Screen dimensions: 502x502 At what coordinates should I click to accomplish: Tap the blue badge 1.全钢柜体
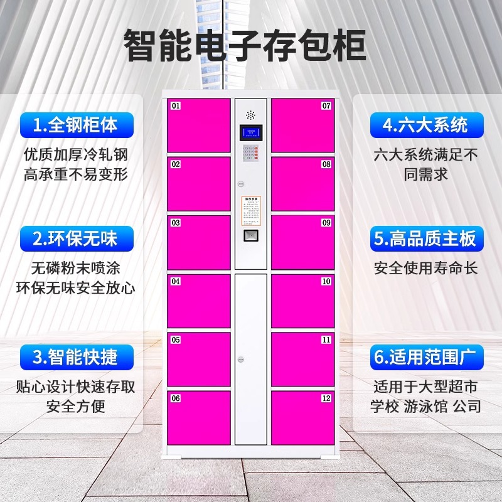pyautogui.click(x=75, y=125)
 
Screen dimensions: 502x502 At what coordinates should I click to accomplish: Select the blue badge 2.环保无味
pyautogui.click(x=75, y=238)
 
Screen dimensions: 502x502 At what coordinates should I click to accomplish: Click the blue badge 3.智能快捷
pyautogui.click(x=75, y=357)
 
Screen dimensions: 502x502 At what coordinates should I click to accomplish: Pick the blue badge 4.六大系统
pyautogui.click(x=426, y=125)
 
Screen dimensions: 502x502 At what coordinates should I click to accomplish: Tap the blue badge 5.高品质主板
pyautogui.click(x=426, y=238)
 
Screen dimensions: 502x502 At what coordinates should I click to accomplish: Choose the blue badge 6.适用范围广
pyautogui.click(x=426, y=357)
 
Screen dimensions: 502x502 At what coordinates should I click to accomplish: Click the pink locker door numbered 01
pyautogui.click(x=199, y=125)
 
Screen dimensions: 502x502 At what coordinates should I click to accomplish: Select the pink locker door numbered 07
pyautogui.click(x=302, y=125)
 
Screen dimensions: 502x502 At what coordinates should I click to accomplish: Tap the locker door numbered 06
pyautogui.click(x=199, y=418)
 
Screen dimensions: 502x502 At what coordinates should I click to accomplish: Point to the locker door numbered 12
pyautogui.click(x=302, y=418)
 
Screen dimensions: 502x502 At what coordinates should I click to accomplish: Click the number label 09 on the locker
pyautogui.click(x=326, y=223)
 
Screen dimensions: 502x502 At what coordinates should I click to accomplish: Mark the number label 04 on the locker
pyautogui.click(x=176, y=282)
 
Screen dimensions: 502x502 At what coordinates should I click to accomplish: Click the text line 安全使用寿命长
pyautogui.click(x=426, y=269)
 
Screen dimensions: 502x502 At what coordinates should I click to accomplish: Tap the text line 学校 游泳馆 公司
pyautogui.click(x=426, y=407)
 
